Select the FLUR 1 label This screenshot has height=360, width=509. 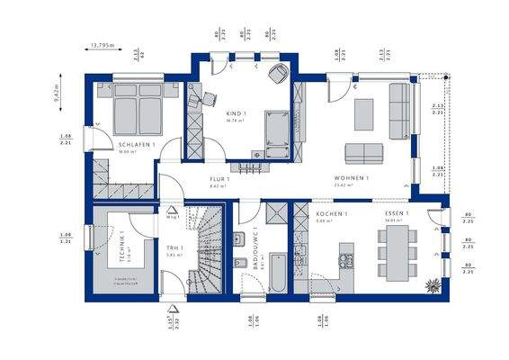click(x=220, y=179)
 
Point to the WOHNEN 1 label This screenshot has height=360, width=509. click(x=351, y=178)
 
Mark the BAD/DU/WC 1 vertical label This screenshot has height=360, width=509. click(x=255, y=250)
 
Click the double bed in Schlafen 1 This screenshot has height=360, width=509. click(x=138, y=108)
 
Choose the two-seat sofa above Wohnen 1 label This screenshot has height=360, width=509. click(x=362, y=151)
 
